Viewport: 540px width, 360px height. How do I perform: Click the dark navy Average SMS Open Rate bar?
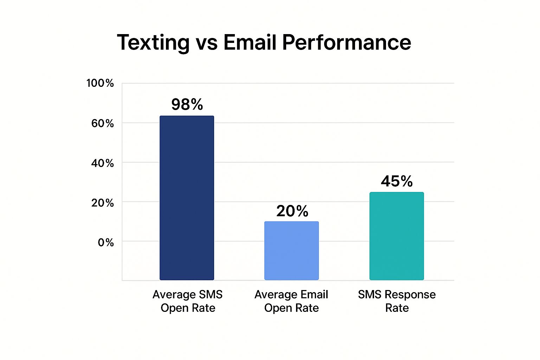point(187,198)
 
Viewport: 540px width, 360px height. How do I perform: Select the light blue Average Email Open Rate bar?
point(291,250)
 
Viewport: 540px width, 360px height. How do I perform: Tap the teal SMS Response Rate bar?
point(397,236)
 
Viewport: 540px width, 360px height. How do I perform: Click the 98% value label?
point(187,104)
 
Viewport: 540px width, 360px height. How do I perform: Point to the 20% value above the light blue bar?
point(292,211)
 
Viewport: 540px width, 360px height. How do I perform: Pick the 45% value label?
point(397,181)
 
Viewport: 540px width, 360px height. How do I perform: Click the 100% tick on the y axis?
point(100,83)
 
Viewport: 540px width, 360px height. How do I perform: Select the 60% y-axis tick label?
point(102,123)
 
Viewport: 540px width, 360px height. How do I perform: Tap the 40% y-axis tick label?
point(102,163)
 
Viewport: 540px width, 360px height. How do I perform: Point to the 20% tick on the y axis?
point(102,203)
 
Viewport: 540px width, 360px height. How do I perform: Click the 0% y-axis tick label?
point(105,243)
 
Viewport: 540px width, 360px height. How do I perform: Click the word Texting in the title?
point(153,43)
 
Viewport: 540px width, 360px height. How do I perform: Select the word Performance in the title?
point(346,43)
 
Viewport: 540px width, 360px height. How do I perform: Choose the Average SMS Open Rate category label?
point(188,301)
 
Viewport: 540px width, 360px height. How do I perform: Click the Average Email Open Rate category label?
point(291,301)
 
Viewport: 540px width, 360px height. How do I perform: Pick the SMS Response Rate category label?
point(397,301)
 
